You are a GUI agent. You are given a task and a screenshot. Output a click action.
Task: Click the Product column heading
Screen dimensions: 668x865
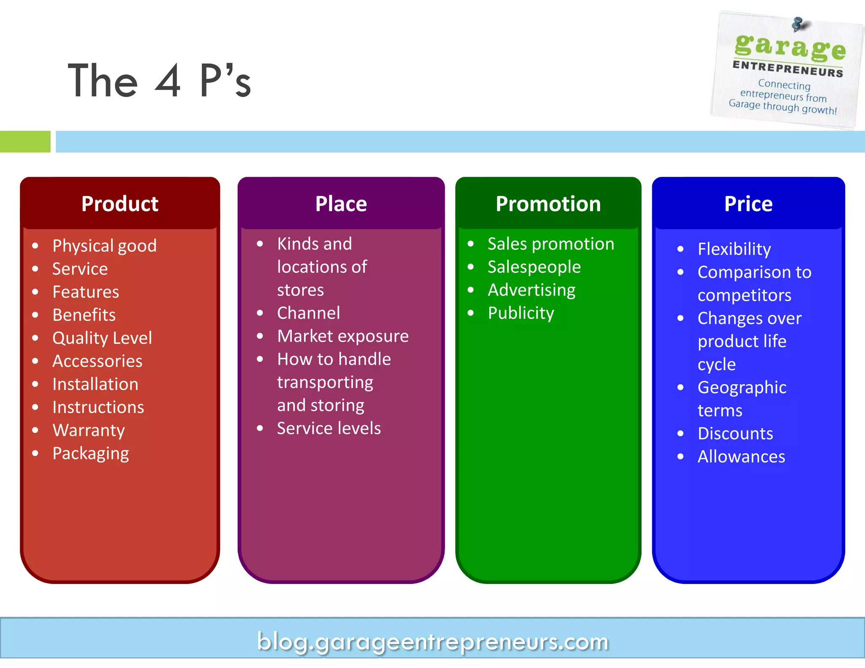point(120,204)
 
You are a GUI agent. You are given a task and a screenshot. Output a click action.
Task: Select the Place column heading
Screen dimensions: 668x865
point(341,204)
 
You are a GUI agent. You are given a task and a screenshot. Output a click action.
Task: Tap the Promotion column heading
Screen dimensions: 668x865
point(548,204)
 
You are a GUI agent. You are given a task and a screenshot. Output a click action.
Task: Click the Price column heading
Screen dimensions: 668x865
point(748,204)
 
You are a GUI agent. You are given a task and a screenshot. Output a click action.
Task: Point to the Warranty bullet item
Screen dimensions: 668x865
point(89,430)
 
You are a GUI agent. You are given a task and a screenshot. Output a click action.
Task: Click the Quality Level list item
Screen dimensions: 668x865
point(102,338)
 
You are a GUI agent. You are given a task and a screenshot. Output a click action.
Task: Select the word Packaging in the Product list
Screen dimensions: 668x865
point(90,453)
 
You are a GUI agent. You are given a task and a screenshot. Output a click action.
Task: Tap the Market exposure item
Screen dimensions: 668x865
point(343,336)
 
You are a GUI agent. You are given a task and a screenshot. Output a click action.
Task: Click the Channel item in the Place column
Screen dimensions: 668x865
point(308,313)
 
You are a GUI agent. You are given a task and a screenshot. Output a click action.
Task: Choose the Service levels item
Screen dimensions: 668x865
point(329,429)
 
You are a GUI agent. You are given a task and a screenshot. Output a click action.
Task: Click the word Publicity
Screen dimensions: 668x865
point(520,313)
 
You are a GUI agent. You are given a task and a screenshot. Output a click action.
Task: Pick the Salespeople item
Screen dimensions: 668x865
point(534,267)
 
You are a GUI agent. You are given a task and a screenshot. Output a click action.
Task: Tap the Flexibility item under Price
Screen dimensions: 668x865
point(734,249)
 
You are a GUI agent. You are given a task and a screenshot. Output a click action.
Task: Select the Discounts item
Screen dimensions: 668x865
point(735,434)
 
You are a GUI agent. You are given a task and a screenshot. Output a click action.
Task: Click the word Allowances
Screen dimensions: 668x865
point(741,457)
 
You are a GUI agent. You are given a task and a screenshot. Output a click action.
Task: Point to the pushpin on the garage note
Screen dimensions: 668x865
point(797,24)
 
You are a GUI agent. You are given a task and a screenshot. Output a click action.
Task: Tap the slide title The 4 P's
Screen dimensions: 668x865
point(159,81)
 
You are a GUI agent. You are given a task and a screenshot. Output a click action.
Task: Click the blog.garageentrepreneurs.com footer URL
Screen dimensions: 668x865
point(432,642)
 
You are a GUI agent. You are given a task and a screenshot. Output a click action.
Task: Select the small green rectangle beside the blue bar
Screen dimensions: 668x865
point(25,141)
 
